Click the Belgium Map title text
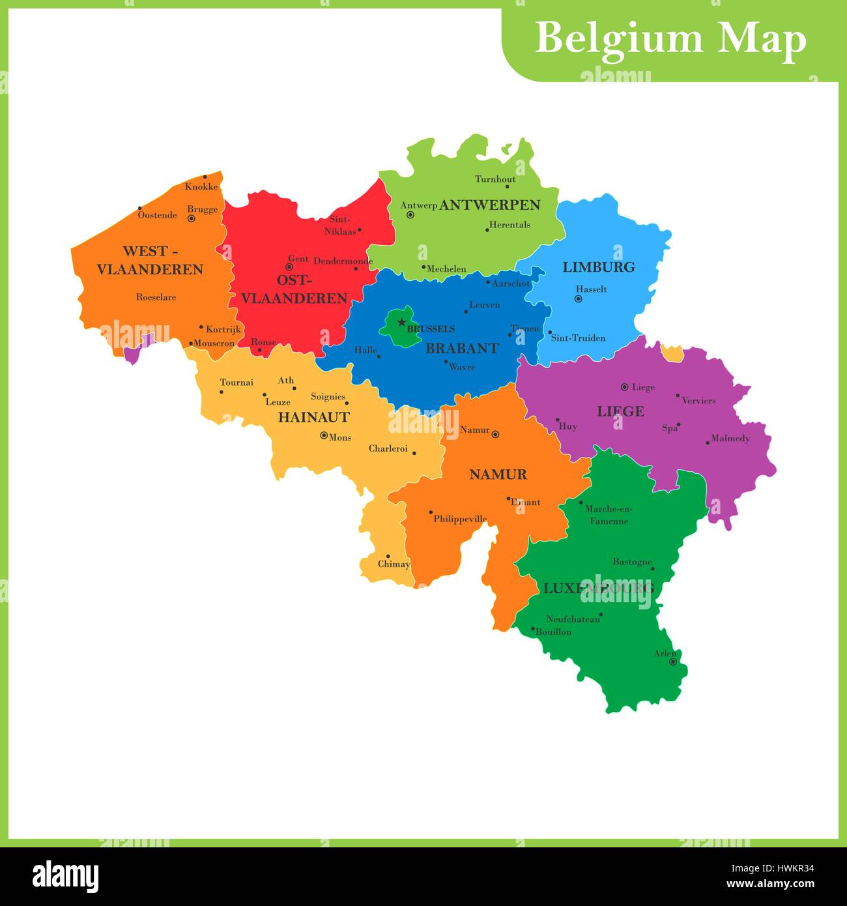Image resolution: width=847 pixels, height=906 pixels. [670, 39]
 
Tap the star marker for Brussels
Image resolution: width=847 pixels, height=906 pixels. [401, 322]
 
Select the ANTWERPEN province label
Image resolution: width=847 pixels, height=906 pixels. [490, 205]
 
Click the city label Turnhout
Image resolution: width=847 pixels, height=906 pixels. [495, 179]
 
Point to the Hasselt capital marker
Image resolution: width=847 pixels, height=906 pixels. [578, 299]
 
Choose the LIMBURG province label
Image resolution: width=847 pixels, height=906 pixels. [598, 267]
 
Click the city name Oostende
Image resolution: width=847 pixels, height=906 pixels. [158, 215]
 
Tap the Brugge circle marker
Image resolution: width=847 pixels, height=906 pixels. [192, 219]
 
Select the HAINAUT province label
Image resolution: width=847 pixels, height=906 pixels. [313, 417]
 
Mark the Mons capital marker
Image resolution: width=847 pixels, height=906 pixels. [324, 435]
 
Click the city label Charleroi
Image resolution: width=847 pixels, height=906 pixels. [388, 448]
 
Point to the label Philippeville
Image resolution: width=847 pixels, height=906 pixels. [460, 519]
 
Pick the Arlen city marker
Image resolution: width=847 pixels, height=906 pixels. [673, 662]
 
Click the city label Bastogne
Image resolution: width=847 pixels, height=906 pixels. [631, 561]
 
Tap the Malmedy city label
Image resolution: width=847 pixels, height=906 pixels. [730, 439]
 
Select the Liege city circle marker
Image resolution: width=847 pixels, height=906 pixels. [624, 387]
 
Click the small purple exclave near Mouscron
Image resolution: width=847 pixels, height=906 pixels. [133, 355]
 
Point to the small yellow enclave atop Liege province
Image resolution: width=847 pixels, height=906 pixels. [670, 353]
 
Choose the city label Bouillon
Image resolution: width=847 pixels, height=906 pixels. [553, 632]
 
